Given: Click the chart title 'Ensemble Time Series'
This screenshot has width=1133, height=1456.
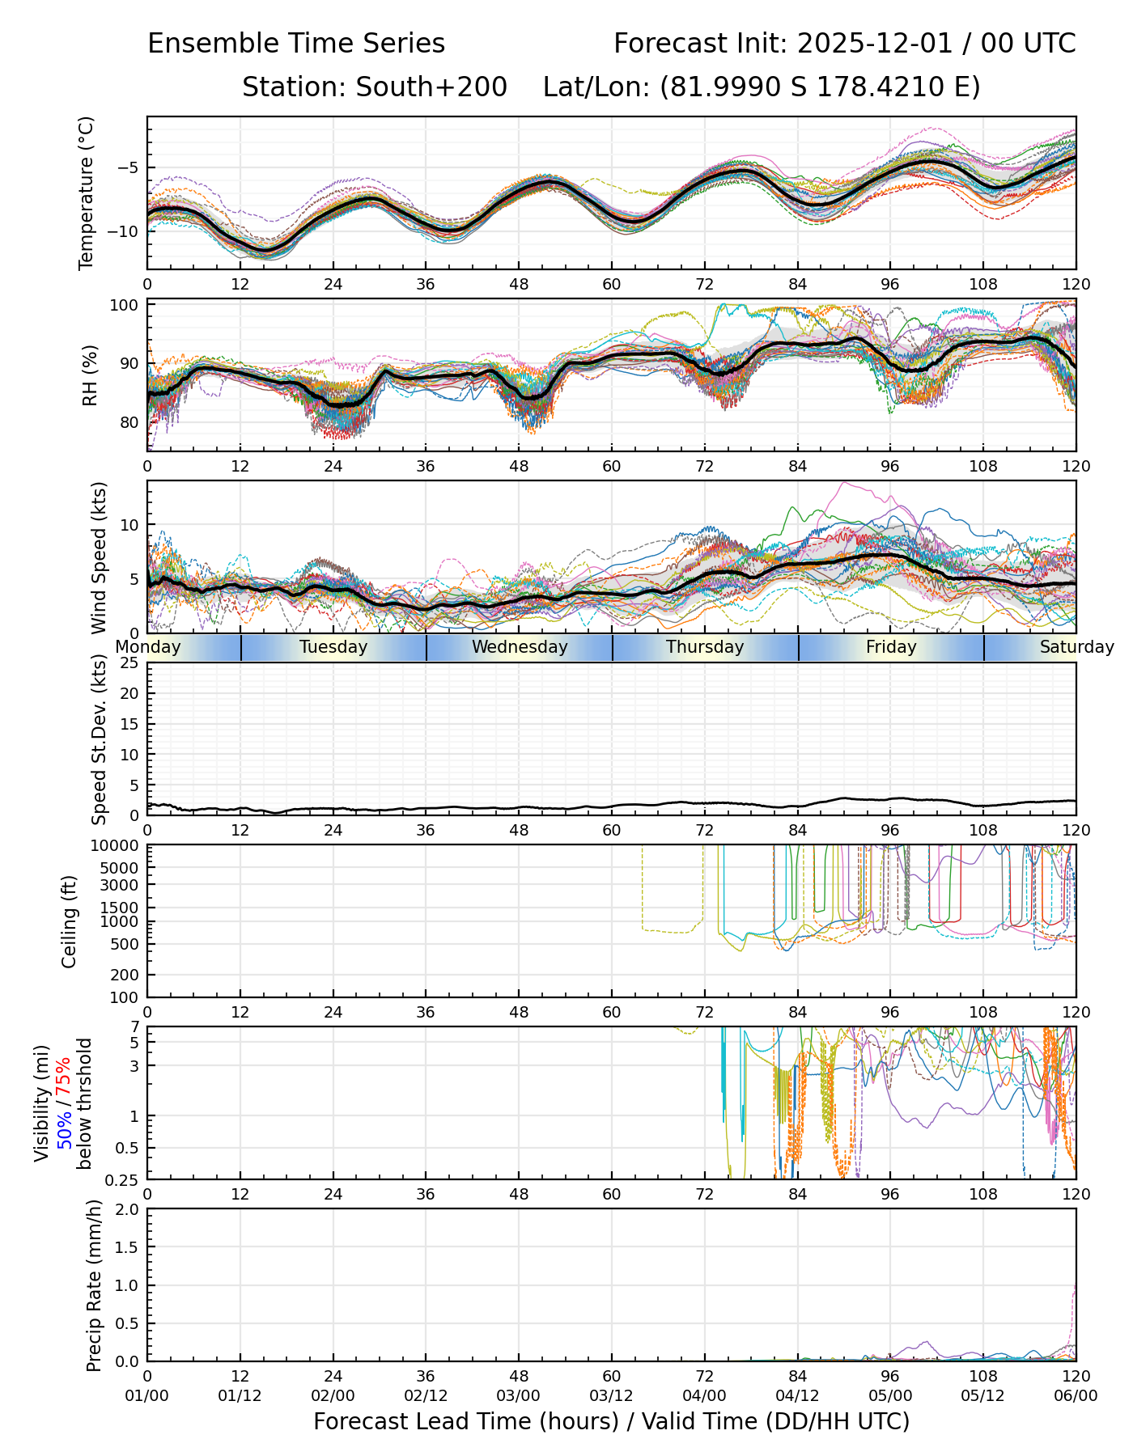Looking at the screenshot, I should tap(296, 44).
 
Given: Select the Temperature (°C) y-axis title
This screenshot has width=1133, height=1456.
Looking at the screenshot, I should tap(87, 193).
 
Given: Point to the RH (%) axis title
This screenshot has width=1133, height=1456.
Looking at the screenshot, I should tap(90, 375).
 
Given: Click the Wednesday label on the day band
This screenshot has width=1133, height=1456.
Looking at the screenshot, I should tap(520, 647).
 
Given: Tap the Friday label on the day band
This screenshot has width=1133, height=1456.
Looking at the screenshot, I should tap(891, 647).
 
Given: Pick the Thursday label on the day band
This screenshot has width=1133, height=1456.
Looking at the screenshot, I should tap(705, 647).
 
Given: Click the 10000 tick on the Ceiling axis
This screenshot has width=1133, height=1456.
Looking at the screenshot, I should tap(117, 846).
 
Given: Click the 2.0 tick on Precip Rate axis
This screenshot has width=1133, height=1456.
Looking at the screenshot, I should tap(128, 1209).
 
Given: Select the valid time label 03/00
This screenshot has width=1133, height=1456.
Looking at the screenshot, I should tap(519, 1395).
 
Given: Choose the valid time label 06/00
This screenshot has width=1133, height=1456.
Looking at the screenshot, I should tap(1076, 1395).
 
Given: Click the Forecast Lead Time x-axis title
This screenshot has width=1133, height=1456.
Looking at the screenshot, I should tap(611, 1421).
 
